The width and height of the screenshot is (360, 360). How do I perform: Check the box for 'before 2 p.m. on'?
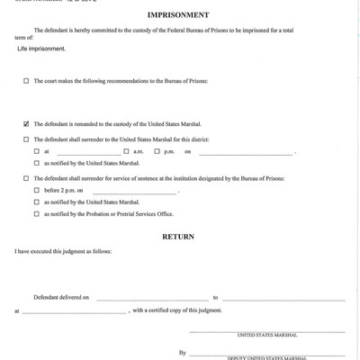click(37, 191)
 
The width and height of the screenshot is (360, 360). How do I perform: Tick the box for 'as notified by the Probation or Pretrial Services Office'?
click(37, 213)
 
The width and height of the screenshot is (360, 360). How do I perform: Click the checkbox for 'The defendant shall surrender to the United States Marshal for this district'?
click(26, 139)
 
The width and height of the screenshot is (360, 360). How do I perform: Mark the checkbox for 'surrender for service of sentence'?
click(26, 179)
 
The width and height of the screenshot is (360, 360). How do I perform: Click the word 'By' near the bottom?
click(183, 353)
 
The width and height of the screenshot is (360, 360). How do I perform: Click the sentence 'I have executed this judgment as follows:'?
click(58, 257)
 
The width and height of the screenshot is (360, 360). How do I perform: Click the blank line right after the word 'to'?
click(283, 297)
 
